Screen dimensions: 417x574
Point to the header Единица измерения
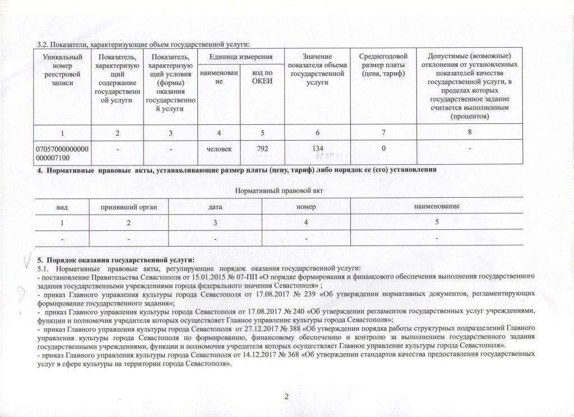pos(241,57)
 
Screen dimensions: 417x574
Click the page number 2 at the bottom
pos(286,397)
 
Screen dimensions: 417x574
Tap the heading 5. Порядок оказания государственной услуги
pos(115,260)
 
